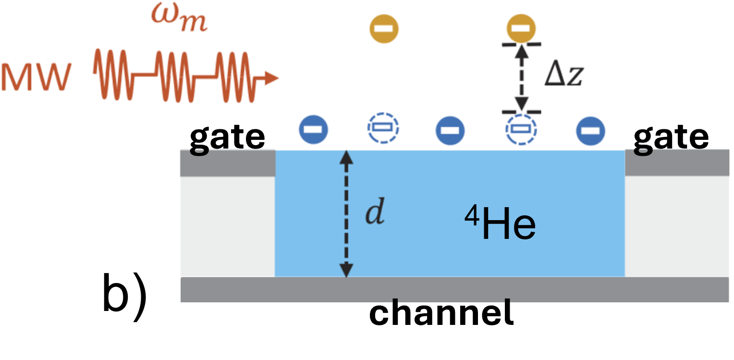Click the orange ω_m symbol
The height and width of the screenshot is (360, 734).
pos(179,18)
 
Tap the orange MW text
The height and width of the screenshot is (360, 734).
pos(37,77)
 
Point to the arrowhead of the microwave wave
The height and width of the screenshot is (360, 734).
pos(271,78)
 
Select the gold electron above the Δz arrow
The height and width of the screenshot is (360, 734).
pos(521,28)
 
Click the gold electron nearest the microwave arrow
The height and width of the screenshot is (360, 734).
pos(384,29)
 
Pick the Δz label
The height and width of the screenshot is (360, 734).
pos(564,73)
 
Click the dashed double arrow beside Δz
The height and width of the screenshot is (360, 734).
pos(521,78)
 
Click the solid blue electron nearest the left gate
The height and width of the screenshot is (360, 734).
pos(313,129)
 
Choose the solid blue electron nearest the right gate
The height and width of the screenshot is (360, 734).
pos(590,131)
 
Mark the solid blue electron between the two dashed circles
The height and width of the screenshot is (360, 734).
pos(450,130)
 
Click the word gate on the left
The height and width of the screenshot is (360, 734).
pos(227,138)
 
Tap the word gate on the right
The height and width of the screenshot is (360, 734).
pos(671,138)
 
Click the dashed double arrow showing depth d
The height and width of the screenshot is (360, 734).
pos(346,214)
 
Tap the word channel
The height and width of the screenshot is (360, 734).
pos(441,312)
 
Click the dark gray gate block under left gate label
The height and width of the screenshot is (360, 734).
pos(228,163)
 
